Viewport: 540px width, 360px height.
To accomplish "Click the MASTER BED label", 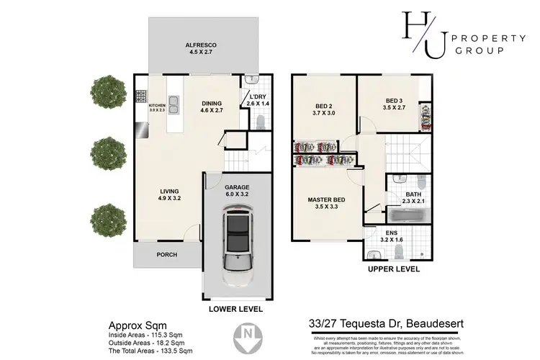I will pos(326,199).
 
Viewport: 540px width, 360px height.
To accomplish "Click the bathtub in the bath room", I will pos(408,214).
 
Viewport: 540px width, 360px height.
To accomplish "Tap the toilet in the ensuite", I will pos(400,251).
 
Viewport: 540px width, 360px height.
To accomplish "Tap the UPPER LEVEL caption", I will pos(394,269).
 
